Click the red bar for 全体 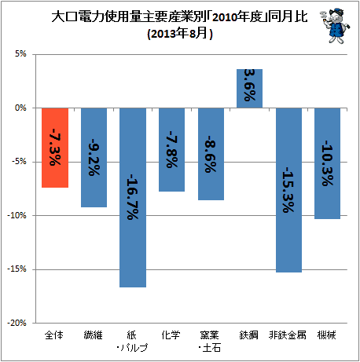click(55, 148)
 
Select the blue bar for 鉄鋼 click(249, 89)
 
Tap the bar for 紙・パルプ click(133, 198)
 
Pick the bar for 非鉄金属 click(288, 190)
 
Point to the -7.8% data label click(172, 149)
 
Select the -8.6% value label click(211, 154)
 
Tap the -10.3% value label click(328, 163)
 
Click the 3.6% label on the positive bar click(250, 86)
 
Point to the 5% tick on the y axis click(20, 54)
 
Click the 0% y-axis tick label click(20, 108)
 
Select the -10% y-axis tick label click(17, 215)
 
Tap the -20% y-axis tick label click(17, 323)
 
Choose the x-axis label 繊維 click(94, 335)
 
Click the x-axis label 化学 click(171, 335)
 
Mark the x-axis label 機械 click(326, 335)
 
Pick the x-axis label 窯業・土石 click(210, 342)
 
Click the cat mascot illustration click(335, 26)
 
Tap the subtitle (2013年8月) click(180, 34)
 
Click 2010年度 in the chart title click(237, 17)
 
